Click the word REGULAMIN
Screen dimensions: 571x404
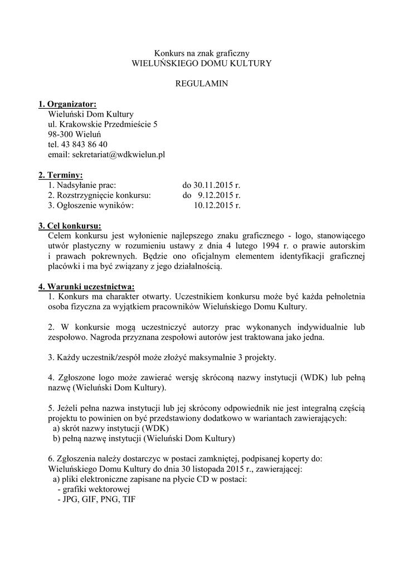coord(202,84)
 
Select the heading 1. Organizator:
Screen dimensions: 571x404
coord(67,104)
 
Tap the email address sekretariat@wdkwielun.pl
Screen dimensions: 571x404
coord(115,154)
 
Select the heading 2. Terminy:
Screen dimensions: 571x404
coord(60,175)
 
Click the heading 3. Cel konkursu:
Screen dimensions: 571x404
coord(70,226)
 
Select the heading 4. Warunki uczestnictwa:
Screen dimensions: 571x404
coord(82,287)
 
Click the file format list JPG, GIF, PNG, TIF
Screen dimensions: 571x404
coord(96,500)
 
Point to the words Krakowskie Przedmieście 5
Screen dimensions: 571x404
coord(110,124)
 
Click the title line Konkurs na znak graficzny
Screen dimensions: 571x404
coord(202,53)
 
